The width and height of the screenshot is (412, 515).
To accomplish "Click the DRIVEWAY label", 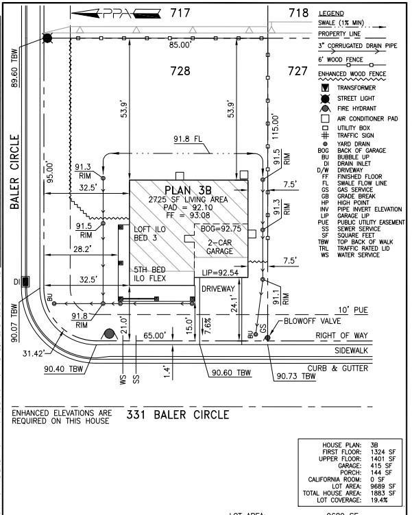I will pyautogui.click(x=218, y=290).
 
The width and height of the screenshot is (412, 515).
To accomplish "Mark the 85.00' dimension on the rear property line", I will pyautogui.click(x=180, y=45).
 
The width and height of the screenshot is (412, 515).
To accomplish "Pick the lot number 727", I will pyautogui.click(x=298, y=71).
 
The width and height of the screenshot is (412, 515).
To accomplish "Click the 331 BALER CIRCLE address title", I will pyautogui.click(x=178, y=414).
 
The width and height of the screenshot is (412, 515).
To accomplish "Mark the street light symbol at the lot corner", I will pyautogui.click(x=47, y=38).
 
